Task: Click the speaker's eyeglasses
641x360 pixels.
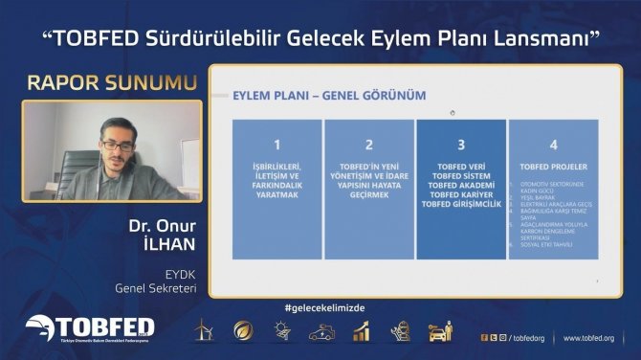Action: coord(116,144)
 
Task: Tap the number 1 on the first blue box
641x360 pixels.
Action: coord(276,146)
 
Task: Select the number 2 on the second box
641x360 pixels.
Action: coord(368,146)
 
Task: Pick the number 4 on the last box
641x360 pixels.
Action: coord(552,146)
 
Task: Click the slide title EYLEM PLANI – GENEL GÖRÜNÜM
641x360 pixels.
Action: coord(330,95)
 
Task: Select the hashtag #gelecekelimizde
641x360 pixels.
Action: coord(325,307)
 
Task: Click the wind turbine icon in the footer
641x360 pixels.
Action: coord(203,331)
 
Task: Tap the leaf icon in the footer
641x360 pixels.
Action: coord(243,331)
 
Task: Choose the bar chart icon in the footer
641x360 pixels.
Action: coord(361,331)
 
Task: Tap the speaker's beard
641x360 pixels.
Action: coord(117,158)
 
